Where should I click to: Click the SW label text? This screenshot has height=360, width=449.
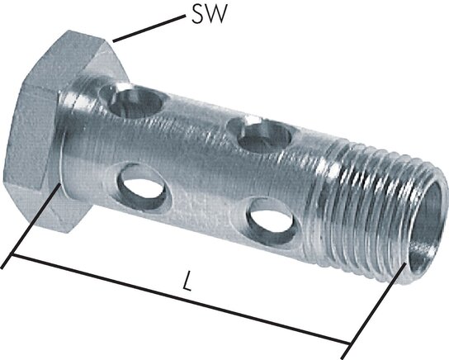(209, 15)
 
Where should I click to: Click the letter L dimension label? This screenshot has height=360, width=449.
(187, 281)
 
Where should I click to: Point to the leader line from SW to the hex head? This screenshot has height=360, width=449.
(149, 29)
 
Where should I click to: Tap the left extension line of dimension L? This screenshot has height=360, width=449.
(31, 226)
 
